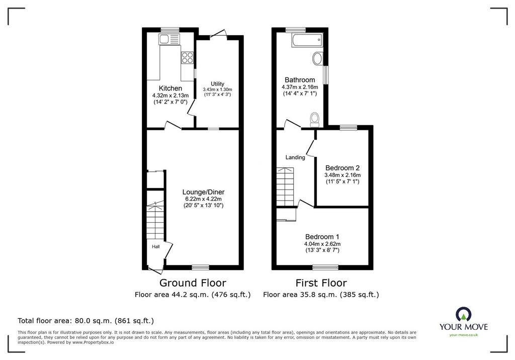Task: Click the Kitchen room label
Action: pos(170,88)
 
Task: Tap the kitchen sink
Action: pos(169,39)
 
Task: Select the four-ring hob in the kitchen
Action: pos(187,58)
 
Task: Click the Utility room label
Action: pos(217,84)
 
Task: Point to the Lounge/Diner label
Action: pos(203,192)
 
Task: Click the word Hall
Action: pos(156,246)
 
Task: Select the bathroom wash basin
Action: pos(318,58)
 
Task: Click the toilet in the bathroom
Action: pos(315,120)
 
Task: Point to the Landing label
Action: pos(295,157)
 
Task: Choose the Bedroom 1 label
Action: pos(322,237)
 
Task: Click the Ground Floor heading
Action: pos(193,283)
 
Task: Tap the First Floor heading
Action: pos(321,283)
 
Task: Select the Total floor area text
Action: pos(85,321)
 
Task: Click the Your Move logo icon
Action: pos(464,314)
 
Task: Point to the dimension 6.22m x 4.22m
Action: pos(203,199)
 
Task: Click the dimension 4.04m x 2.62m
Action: pos(322,244)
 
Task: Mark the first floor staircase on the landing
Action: pos(285,187)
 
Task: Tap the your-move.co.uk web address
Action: pos(464,335)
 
